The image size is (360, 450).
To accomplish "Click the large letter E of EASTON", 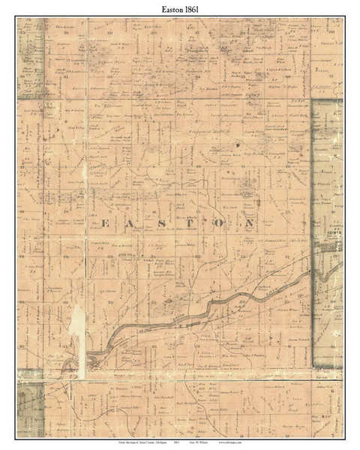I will pyautogui.click(x=104, y=223).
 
